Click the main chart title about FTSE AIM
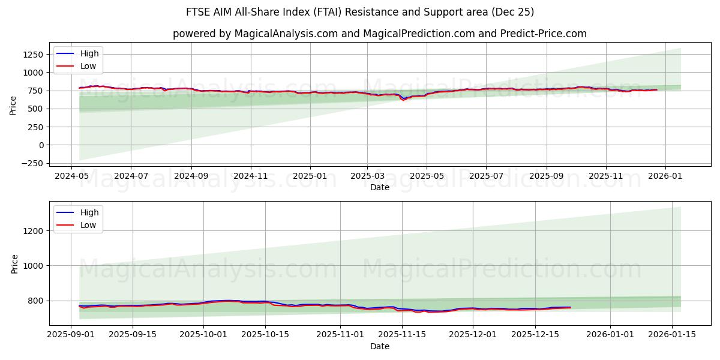(x=360, y=12)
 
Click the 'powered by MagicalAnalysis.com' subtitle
(x=379, y=34)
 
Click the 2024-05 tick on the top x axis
(x=71, y=177)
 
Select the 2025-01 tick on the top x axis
(x=310, y=177)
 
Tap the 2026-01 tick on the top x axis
(x=665, y=177)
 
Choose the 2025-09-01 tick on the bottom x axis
(x=71, y=335)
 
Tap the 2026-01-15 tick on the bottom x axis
(x=672, y=335)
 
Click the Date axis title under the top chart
(x=379, y=188)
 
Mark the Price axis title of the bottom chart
(x=14, y=263)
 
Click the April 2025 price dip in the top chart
(x=403, y=99)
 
